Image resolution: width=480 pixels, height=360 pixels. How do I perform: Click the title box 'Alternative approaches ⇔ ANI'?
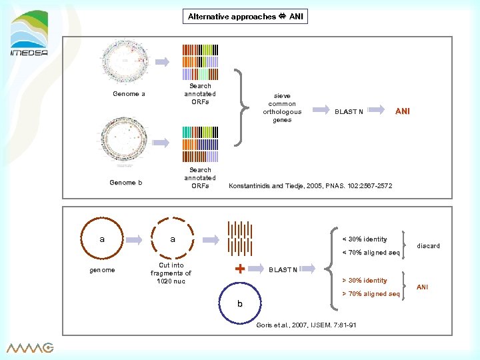click(x=245, y=16)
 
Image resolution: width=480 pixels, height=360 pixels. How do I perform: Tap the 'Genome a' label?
click(x=129, y=94)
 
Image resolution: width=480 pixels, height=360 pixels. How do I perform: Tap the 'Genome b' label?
click(x=126, y=183)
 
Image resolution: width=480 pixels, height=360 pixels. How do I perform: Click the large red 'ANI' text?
click(x=402, y=111)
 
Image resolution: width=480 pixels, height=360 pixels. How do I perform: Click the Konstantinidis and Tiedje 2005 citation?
click(x=310, y=186)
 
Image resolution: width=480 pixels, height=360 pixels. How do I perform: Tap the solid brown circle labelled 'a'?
click(x=102, y=239)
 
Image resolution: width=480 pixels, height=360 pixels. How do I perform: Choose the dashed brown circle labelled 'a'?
click(x=172, y=239)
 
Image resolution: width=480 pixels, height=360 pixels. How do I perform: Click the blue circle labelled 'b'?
click(x=239, y=304)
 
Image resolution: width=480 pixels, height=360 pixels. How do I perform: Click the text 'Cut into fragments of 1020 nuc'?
click(x=171, y=273)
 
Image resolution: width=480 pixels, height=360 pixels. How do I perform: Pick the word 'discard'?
click(x=428, y=246)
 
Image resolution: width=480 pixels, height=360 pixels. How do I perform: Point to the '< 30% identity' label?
click(x=364, y=239)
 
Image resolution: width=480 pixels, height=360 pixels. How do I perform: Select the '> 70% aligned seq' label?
click(x=371, y=294)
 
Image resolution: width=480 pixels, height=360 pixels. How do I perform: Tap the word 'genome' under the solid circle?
click(x=102, y=270)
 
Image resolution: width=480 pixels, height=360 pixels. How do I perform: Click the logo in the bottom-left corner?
click(x=30, y=347)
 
